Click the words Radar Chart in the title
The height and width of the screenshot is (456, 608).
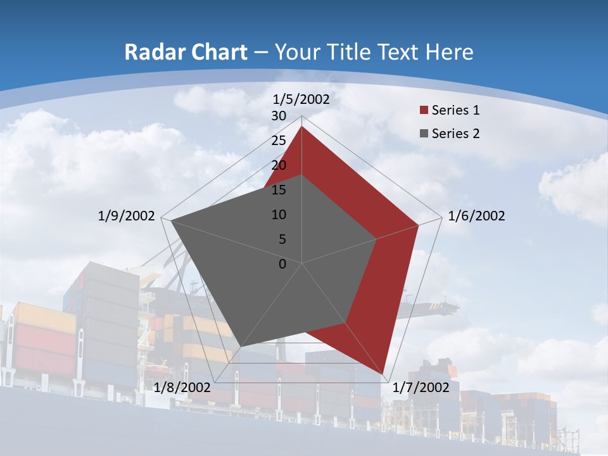tap(186, 52)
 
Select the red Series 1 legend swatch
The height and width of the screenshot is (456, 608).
tap(424, 110)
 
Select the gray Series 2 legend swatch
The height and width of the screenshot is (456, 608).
tap(424, 134)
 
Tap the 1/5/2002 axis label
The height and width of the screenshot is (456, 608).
tap(301, 99)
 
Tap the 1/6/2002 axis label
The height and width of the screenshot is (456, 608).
tap(476, 216)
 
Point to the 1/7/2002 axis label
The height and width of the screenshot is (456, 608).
tap(421, 388)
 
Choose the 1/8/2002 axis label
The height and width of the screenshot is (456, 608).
tap(182, 387)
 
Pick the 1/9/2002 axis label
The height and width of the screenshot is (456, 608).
tap(127, 216)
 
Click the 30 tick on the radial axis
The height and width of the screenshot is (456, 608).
tap(279, 116)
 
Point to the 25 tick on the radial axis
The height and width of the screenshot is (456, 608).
tap(279, 141)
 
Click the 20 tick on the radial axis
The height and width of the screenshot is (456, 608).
tap(279, 165)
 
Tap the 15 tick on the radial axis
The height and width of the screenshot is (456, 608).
tap(279, 190)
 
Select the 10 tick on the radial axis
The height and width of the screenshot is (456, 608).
tap(279, 215)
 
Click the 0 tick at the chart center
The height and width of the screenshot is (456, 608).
tap(282, 264)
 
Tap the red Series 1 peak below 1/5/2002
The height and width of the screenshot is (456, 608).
tap(301, 127)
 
